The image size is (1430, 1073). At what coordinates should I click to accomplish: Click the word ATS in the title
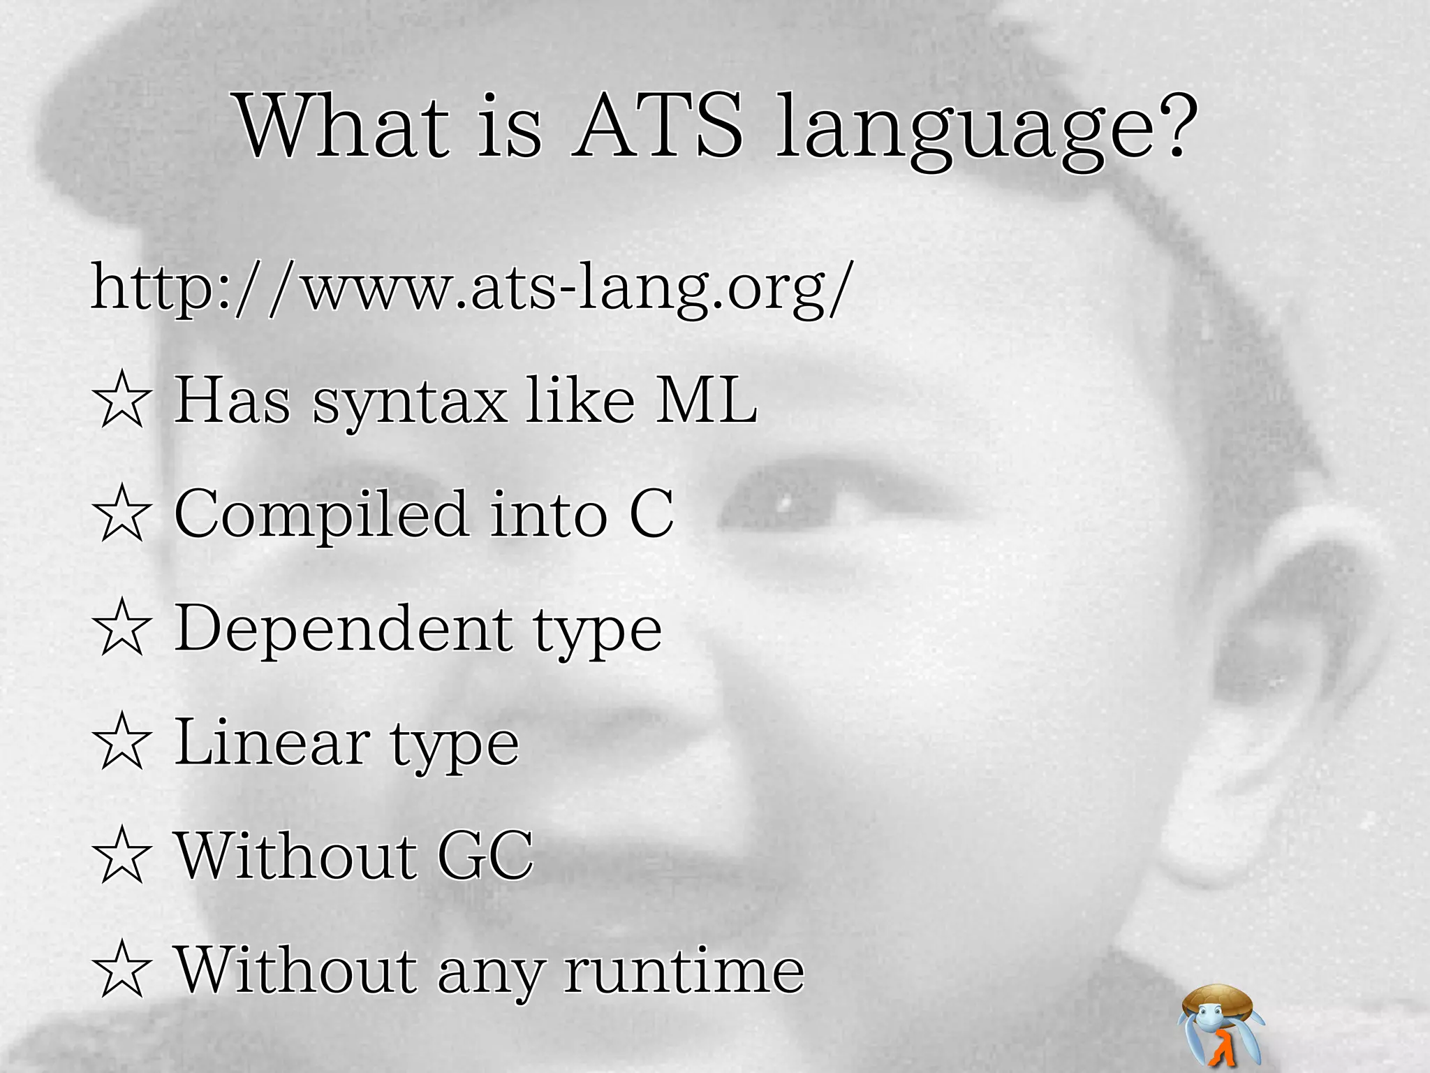click(658, 127)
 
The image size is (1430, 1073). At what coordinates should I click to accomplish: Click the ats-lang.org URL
click(472, 288)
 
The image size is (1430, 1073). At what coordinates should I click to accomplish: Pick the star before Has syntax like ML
click(121, 400)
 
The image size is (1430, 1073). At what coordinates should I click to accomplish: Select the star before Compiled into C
click(121, 514)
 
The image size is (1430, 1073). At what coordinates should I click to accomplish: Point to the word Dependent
click(344, 628)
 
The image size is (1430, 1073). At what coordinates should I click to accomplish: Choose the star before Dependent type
click(121, 628)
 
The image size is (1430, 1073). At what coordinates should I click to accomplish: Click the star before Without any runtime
click(121, 970)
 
